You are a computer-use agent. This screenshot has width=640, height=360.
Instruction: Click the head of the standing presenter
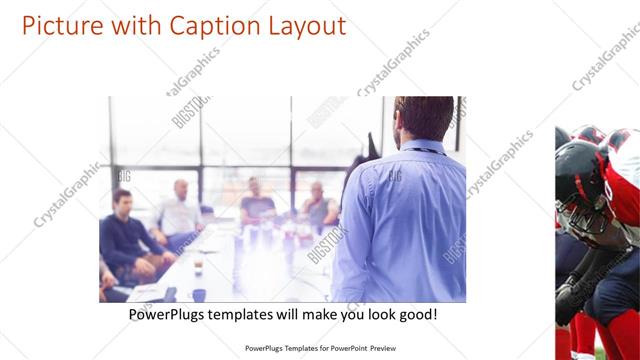pyautogui.click(x=424, y=117)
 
